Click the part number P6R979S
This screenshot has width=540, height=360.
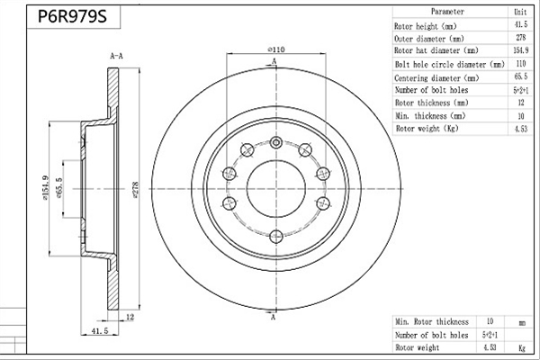(72, 16)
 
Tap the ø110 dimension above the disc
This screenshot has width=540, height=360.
(276, 49)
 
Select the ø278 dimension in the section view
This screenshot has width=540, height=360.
(135, 190)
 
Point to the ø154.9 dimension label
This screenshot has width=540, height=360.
(46, 188)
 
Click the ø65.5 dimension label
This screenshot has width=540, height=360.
(58, 188)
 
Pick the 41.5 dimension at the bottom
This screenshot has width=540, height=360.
(100, 330)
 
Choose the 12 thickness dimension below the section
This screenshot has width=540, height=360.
(130, 317)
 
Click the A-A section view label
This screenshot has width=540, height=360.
(116, 56)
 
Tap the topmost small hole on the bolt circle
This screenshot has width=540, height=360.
(276, 142)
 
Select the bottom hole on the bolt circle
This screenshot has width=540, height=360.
(276, 237)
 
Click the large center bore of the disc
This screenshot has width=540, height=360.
(276, 188)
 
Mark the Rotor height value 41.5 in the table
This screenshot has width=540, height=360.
(521, 24)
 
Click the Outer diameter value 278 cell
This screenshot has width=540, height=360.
(521, 37)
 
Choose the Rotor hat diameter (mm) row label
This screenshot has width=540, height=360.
(436, 50)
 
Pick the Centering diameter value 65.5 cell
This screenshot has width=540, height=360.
(521, 76)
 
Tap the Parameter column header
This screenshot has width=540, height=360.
(447, 12)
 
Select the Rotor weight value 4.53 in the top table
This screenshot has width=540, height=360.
(521, 129)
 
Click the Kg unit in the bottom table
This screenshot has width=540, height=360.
(522, 348)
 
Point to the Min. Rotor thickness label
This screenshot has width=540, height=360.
(432, 322)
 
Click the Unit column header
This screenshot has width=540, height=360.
(520, 12)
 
